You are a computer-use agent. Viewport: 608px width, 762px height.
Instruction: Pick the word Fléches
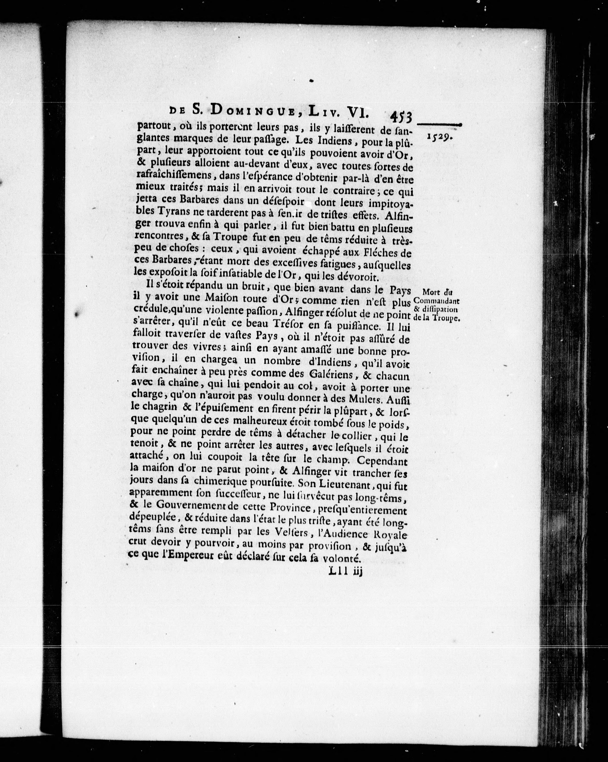375,253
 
